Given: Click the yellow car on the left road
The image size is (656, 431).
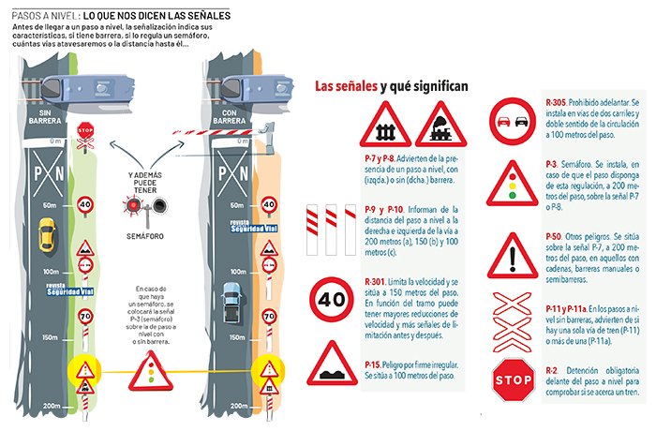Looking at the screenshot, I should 46,233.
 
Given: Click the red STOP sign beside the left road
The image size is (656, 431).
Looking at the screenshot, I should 86,133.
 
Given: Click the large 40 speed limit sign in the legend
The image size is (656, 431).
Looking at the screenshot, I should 333,300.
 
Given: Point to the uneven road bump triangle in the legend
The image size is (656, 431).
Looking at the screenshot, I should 333,364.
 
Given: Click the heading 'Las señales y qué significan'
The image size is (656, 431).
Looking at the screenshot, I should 391,86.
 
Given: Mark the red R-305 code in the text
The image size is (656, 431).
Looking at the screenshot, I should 555,100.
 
